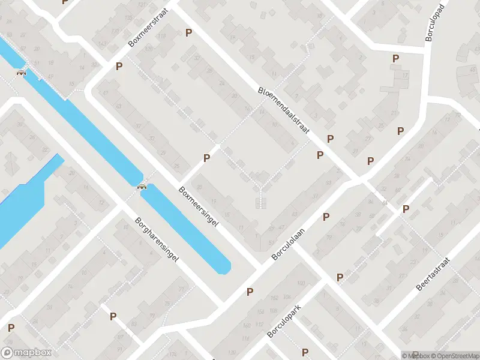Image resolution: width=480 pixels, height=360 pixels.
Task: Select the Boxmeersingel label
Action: [x=199, y=205]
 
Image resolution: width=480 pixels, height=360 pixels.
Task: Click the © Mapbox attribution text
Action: [x=415, y=356]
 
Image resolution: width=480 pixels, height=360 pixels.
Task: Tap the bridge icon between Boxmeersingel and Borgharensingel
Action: [x=142, y=187]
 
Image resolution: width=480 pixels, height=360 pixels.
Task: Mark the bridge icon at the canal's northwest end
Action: [x=22, y=74]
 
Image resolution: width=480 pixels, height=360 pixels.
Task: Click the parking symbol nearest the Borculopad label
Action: [x=395, y=58]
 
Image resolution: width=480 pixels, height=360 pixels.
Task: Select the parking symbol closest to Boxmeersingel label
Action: [x=207, y=158]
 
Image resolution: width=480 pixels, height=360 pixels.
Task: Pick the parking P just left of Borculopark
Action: [x=250, y=292]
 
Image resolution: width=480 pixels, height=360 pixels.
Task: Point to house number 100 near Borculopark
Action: [x=300, y=283]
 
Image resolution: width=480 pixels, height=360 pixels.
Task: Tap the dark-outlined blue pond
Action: [x=24, y=198]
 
